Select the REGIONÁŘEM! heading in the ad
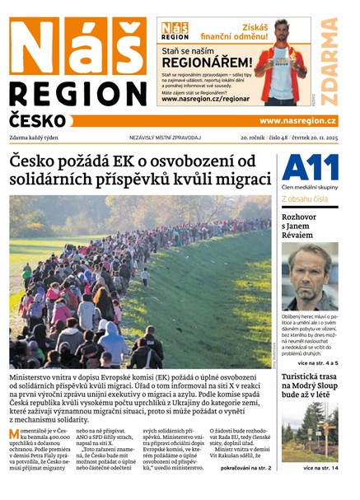pos(206,63)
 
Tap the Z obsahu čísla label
pos(306,199)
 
